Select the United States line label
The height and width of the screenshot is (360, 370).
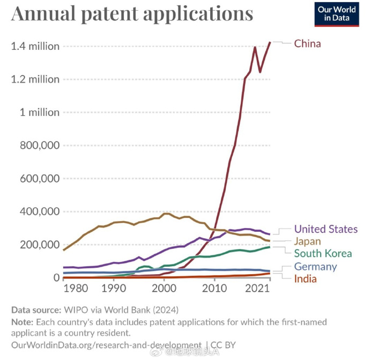click(325, 230)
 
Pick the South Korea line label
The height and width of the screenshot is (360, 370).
click(323, 253)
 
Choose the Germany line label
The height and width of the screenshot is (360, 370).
click(315, 267)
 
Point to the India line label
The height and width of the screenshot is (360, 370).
click(305, 278)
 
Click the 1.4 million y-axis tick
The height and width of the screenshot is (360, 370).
click(35, 47)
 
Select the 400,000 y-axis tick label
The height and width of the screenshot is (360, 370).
click(38, 211)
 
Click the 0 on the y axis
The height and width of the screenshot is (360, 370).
click(55, 277)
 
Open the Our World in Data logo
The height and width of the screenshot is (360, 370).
click(337, 14)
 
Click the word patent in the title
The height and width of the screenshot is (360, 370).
click(116, 13)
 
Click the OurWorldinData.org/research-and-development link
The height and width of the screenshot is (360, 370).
click(106, 345)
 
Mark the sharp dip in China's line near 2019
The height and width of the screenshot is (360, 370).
click(260, 71)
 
